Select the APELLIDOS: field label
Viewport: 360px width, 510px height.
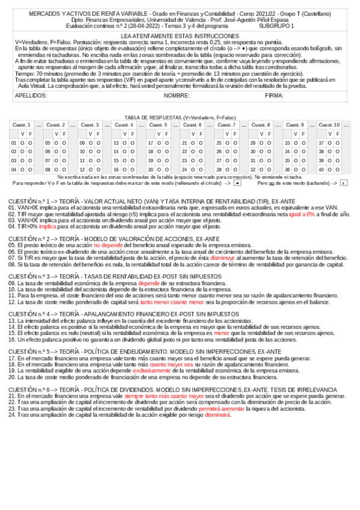(x=31, y=96)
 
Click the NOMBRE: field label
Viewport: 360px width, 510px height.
(x=177, y=96)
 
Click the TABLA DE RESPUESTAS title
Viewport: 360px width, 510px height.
(x=180, y=117)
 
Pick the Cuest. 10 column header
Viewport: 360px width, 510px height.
(x=329, y=124)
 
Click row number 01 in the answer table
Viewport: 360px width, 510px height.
(x=14, y=143)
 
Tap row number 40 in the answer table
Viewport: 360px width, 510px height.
(x=322, y=170)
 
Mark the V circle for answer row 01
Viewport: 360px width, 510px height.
(x=22, y=143)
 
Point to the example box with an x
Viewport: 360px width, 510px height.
(x=343, y=182)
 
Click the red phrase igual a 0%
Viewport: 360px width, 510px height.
(x=302, y=214)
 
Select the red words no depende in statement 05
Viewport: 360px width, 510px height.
(x=106, y=245)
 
